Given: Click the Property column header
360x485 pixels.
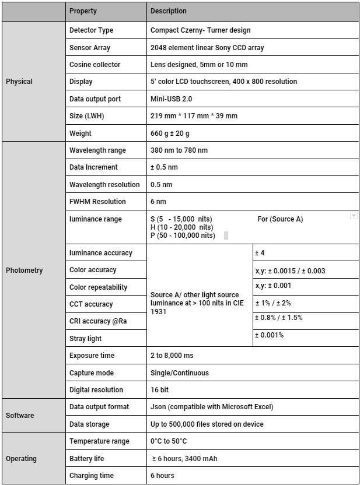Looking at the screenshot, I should [83, 11].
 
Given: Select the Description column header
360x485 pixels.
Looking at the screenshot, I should [169, 11].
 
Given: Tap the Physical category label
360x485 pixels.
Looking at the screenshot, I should [19, 82].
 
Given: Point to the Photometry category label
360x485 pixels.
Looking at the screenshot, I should [24, 270].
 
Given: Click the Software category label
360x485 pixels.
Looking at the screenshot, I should [20, 416].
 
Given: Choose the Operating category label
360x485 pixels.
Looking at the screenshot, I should [21, 459].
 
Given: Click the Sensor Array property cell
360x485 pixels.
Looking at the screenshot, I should [89, 47].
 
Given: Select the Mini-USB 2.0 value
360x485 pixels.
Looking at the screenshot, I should [171, 99].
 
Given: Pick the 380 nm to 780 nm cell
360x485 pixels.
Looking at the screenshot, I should [179, 150].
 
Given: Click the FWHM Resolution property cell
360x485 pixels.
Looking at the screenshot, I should [97, 202].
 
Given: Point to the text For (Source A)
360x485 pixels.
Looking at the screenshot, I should [280, 219].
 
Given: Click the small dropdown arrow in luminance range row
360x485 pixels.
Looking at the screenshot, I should [353, 216].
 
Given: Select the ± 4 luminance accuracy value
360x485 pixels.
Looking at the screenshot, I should [260, 253].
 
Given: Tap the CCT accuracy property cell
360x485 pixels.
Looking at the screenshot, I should [91, 304].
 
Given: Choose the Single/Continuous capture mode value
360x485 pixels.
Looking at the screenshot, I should [179, 373].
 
